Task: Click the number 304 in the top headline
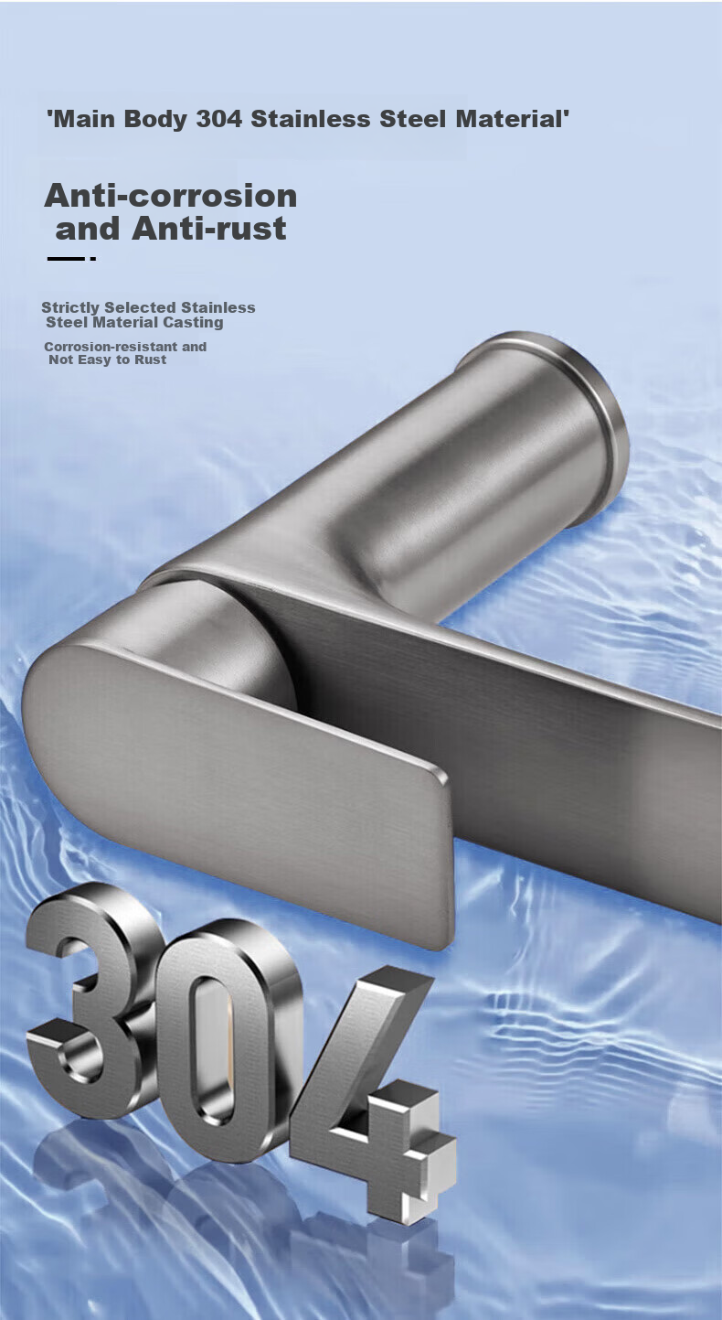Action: tap(218, 119)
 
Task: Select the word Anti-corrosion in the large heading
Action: tap(171, 196)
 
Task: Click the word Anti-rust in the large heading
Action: tap(209, 228)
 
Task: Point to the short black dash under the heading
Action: tap(66, 259)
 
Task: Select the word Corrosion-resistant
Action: tap(111, 347)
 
